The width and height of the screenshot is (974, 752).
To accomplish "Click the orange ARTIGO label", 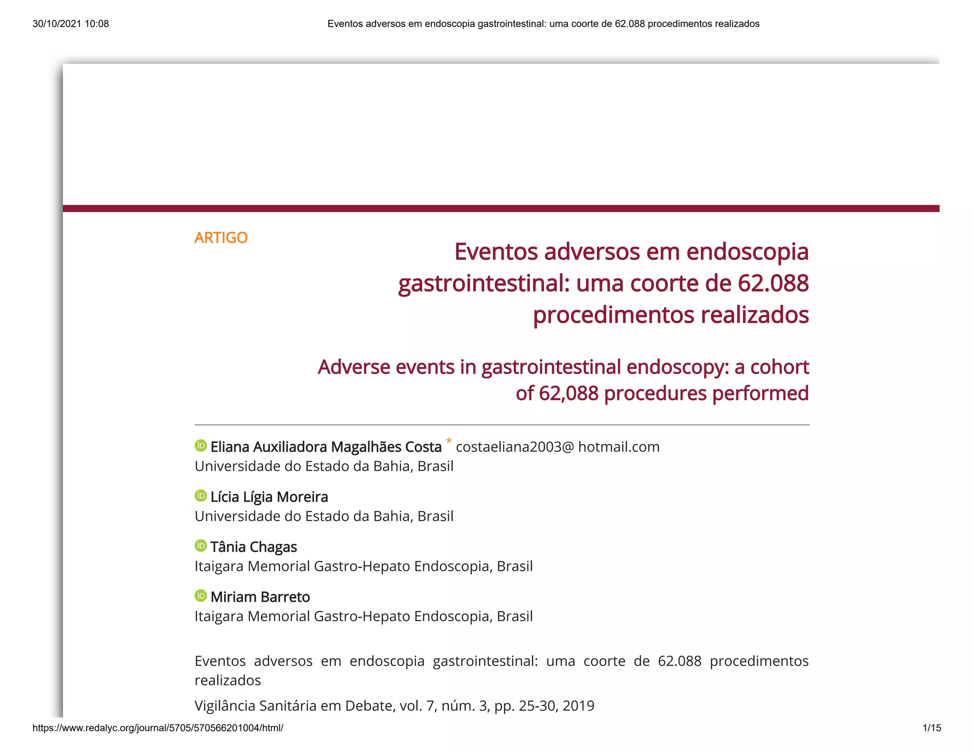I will click(x=221, y=238).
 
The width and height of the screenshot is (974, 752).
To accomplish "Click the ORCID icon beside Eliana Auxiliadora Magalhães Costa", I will click(x=201, y=446).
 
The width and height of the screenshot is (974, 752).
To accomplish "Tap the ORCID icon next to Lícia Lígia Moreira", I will click(x=201, y=496).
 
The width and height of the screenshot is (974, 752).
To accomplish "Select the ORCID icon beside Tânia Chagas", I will click(x=201, y=546).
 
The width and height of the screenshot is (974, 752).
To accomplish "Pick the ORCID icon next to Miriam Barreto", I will click(x=201, y=596).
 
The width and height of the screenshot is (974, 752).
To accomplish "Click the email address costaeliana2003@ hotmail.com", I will click(x=557, y=447).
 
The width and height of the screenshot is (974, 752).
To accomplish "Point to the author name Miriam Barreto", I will click(x=260, y=597).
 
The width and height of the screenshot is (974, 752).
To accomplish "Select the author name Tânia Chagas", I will click(x=253, y=547).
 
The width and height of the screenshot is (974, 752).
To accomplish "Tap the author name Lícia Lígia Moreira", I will click(x=269, y=497).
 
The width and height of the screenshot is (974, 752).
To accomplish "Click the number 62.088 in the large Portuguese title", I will click(x=773, y=283).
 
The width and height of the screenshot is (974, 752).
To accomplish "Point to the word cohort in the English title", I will click(x=779, y=367).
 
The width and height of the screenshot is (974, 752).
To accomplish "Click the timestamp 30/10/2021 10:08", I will click(x=70, y=24).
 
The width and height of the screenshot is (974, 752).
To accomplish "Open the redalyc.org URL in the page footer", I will click(x=158, y=728).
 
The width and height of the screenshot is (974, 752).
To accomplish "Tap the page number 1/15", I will click(x=932, y=728).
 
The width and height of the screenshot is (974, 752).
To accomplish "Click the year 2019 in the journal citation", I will click(x=578, y=706).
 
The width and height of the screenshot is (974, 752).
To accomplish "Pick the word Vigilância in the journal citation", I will click(x=225, y=706).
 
